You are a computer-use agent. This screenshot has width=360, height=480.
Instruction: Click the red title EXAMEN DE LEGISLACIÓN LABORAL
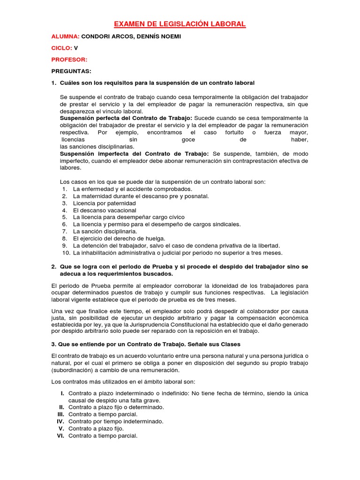(180, 24)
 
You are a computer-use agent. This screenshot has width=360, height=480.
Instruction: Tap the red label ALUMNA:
(65, 36)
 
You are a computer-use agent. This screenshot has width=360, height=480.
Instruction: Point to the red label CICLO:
(61, 48)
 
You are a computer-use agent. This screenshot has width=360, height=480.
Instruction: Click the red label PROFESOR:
(69, 60)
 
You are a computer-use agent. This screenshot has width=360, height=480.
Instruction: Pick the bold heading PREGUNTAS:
(71, 71)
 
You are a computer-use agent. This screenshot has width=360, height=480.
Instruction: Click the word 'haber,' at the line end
(299, 140)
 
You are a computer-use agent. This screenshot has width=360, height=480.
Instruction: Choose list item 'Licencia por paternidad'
(105, 203)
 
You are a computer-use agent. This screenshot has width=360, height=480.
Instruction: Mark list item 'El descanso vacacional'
(105, 210)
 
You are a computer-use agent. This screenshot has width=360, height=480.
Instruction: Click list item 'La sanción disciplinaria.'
(105, 232)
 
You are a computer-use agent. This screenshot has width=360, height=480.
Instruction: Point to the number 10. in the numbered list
(65, 253)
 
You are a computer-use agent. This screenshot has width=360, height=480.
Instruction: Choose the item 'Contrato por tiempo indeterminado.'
(116, 421)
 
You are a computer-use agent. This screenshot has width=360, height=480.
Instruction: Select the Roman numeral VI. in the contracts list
(60, 435)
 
